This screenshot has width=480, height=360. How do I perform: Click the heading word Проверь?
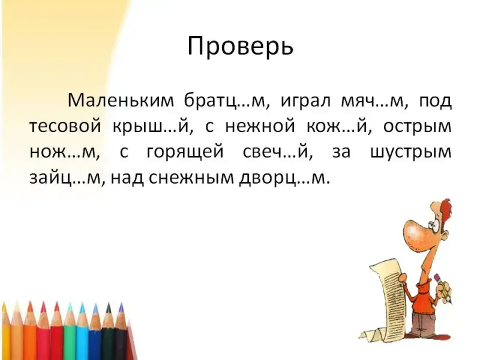coord(241,46)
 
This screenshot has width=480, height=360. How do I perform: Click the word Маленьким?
coord(121,100)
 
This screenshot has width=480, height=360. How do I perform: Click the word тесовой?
coord(65,126)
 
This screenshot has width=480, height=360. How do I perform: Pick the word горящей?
coord(185,152)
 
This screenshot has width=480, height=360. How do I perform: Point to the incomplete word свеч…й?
coord(278,152)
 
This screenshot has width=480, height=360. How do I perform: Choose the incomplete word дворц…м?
coord(284,178)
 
